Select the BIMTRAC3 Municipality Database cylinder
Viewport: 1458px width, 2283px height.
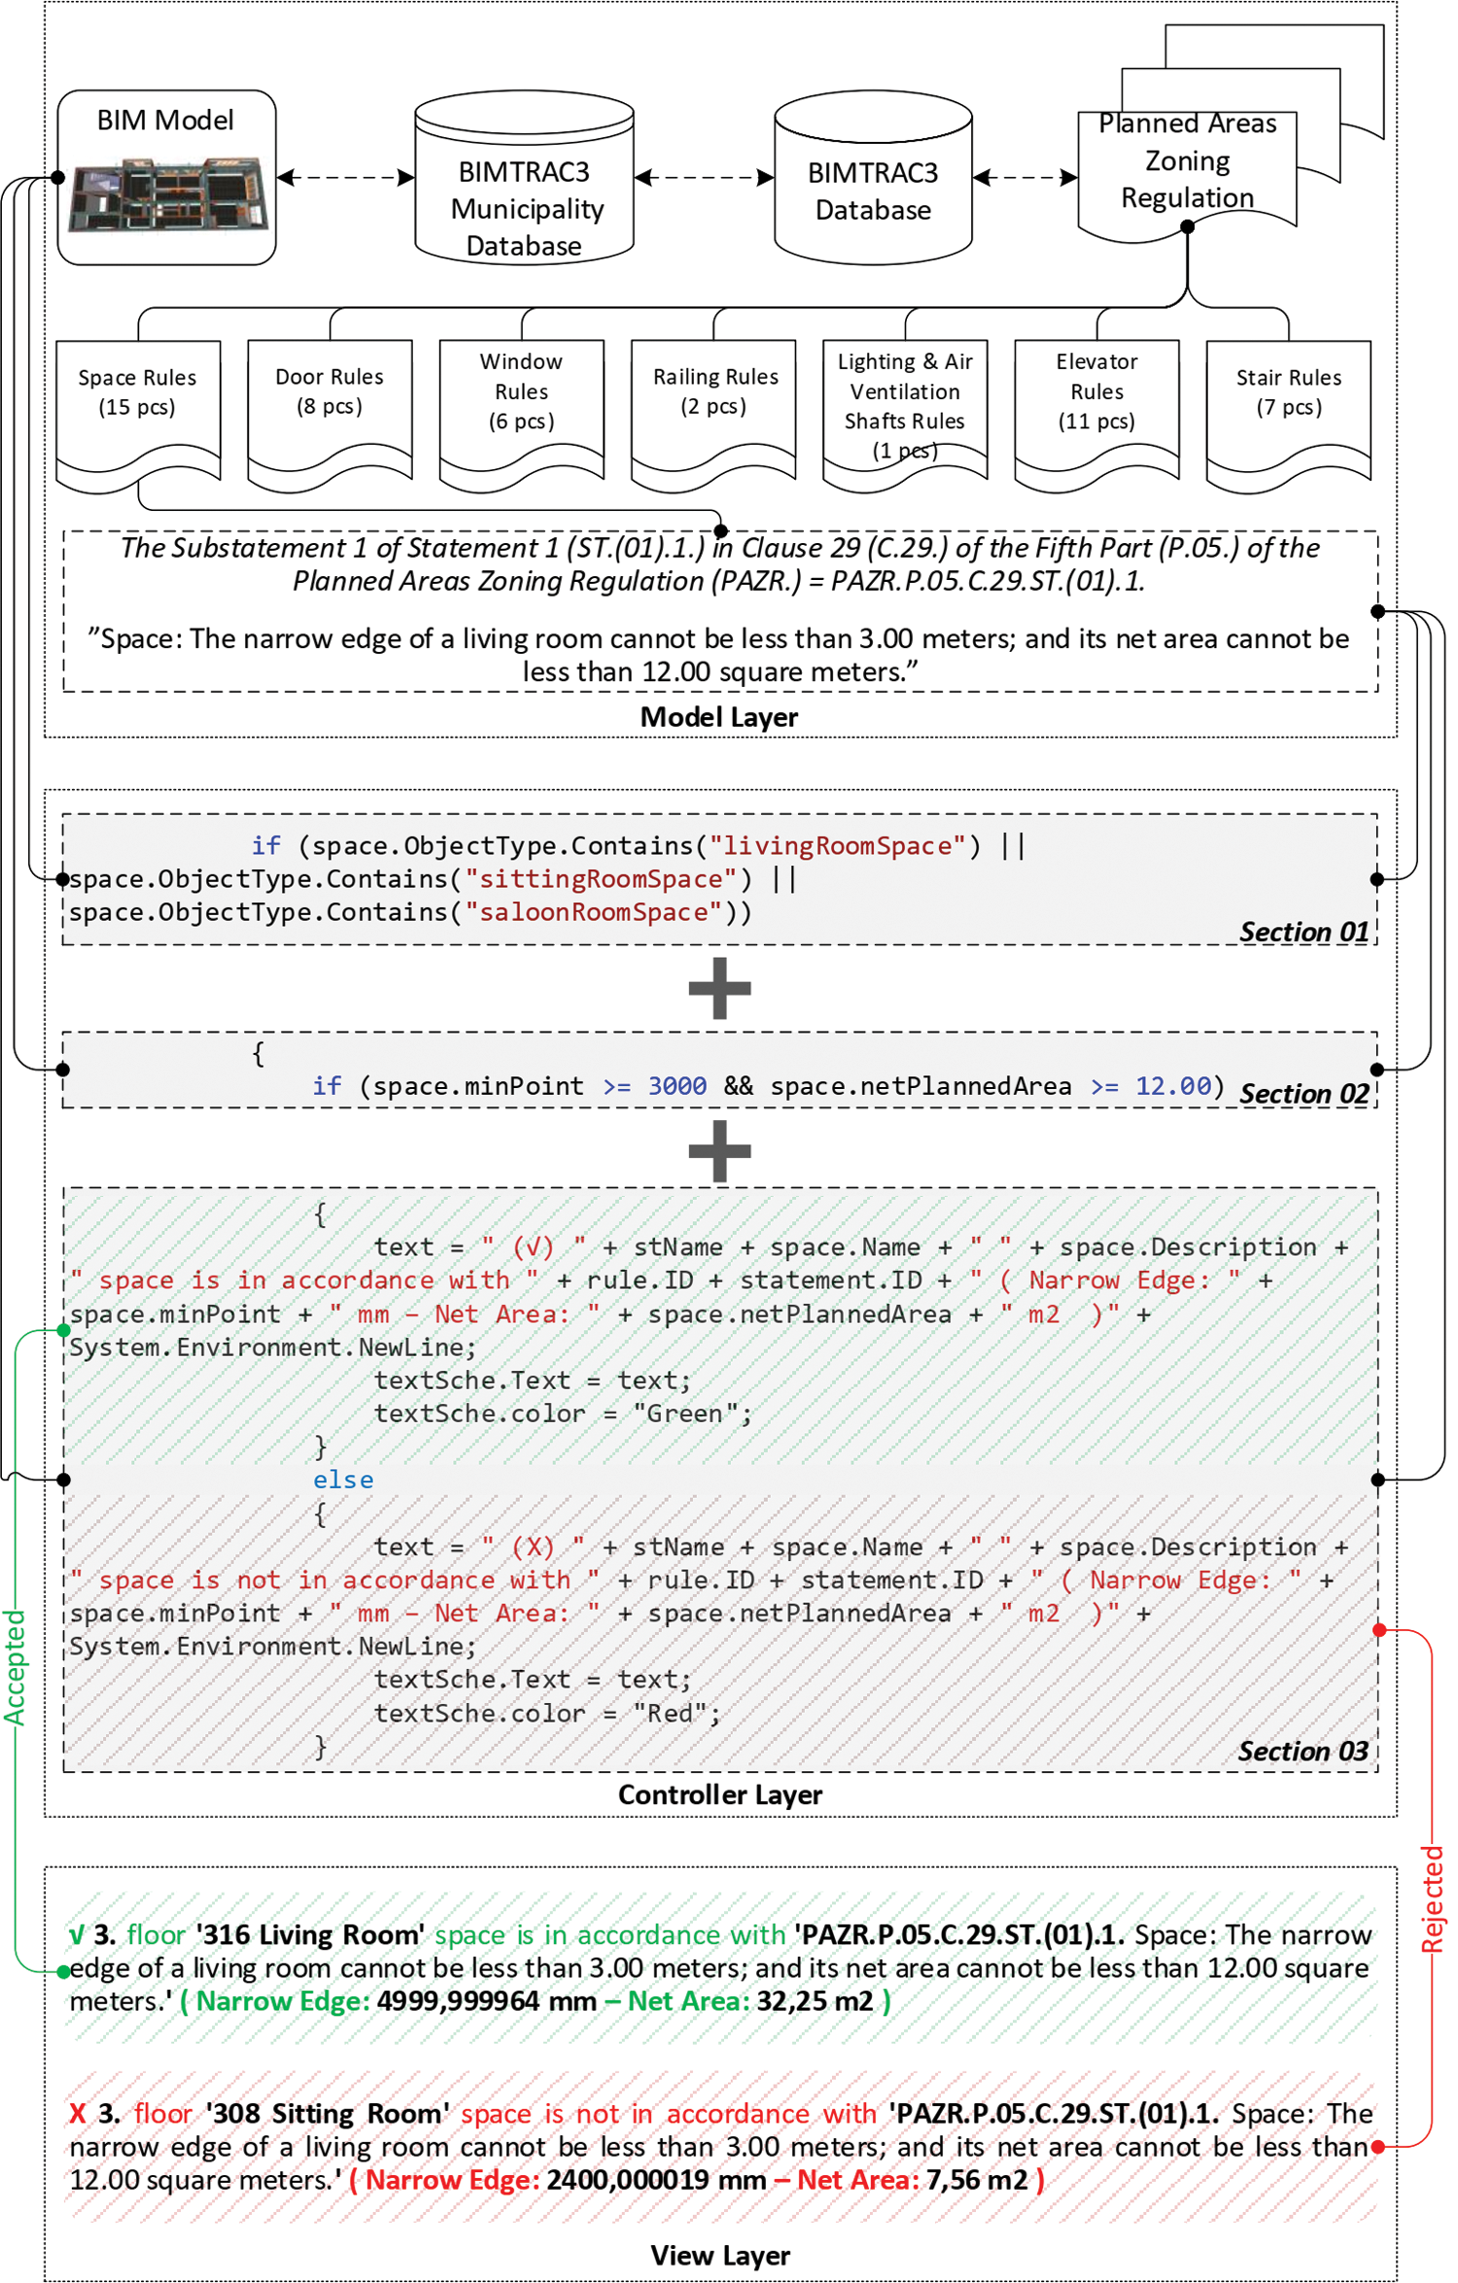(x=525, y=180)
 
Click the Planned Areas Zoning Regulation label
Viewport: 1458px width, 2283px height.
(x=1187, y=161)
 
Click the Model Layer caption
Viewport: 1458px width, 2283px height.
(x=718, y=717)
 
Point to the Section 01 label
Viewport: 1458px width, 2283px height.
(x=1303, y=932)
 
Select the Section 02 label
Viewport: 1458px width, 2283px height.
(x=1303, y=1094)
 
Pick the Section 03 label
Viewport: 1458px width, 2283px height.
(x=1302, y=1751)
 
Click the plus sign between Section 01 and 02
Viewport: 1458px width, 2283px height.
(x=719, y=988)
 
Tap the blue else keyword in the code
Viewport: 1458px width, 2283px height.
(x=343, y=1480)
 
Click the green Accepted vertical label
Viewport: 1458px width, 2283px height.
(x=15, y=1667)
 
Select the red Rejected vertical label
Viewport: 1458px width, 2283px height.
(x=1433, y=1899)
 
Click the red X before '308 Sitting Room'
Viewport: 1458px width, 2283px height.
(x=78, y=2113)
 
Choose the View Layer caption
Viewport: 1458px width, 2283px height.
(x=719, y=2255)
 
